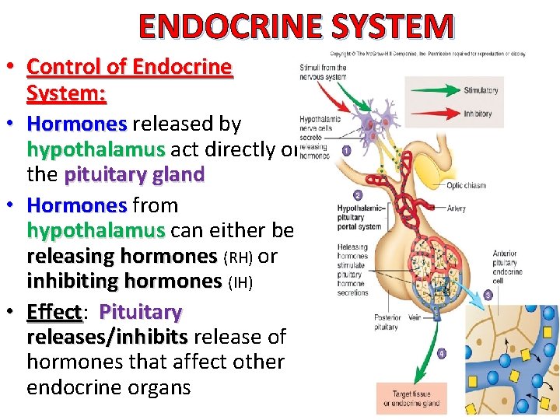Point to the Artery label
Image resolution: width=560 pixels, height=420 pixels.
(x=457, y=209)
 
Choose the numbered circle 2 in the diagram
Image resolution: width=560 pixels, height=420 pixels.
(x=357, y=195)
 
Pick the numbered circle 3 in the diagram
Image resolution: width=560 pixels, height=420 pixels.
(x=488, y=295)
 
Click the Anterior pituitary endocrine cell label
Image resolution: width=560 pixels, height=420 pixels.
(x=507, y=268)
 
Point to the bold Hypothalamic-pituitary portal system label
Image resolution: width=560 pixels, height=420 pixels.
(x=359, y=218)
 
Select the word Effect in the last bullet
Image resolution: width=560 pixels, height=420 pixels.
(x=54, y=313)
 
